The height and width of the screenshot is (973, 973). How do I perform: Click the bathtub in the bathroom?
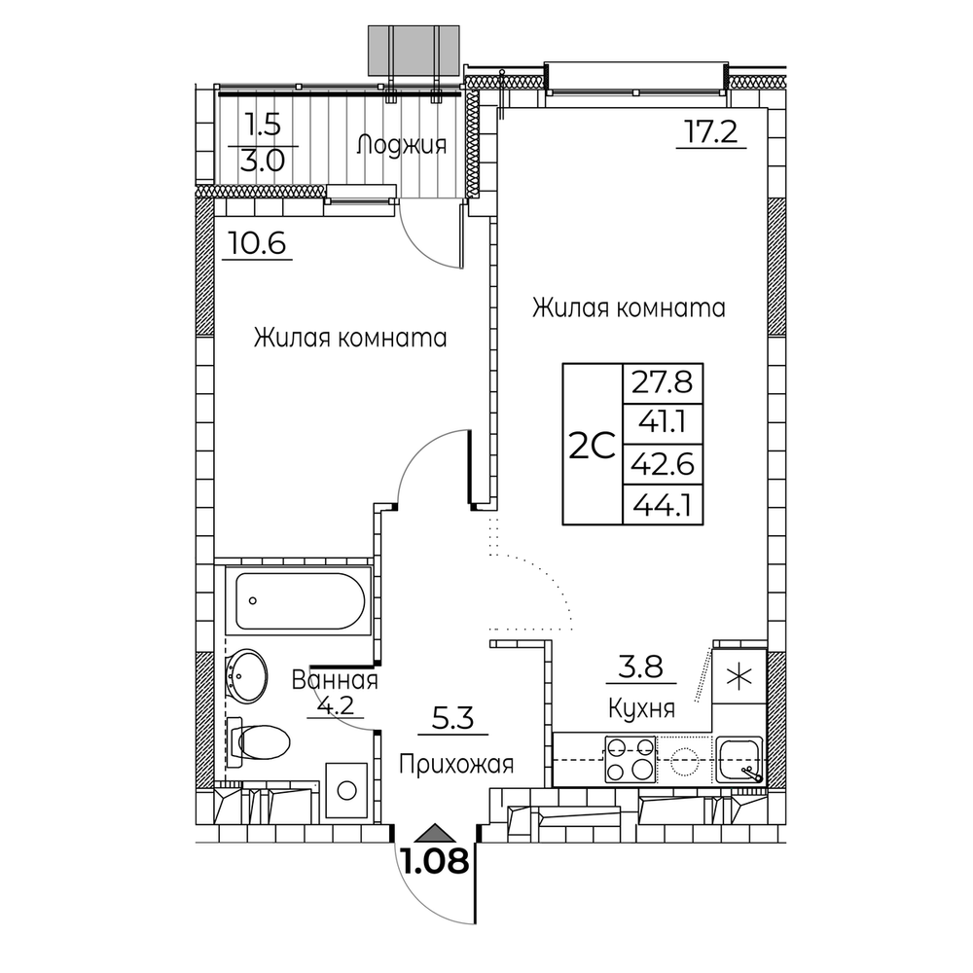(299, 600)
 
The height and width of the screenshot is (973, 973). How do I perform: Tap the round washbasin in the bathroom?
(247, 677)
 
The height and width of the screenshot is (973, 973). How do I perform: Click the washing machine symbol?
(347, 790)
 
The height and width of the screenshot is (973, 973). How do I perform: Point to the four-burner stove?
(631, 759)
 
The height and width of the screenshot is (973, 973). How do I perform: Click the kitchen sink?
(739, 760)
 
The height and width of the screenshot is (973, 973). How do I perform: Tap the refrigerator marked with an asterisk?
(739, 676)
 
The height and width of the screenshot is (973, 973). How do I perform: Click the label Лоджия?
(402, 145)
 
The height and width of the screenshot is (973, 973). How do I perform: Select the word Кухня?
(641, 708)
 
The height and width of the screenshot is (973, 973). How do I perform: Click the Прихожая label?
(456, 764)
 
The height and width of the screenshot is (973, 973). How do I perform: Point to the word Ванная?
(335, 680)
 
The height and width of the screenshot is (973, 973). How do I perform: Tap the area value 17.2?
(710, 131)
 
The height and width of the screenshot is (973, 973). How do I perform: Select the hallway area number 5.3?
(453, 719)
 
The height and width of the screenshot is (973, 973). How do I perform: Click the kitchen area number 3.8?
(641, 667)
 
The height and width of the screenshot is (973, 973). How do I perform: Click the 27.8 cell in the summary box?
(663, 382)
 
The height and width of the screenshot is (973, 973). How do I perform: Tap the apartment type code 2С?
(592, 446)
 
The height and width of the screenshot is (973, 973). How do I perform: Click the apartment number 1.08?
(436, 862)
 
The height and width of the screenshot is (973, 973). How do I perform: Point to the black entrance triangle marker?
(435, 833)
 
